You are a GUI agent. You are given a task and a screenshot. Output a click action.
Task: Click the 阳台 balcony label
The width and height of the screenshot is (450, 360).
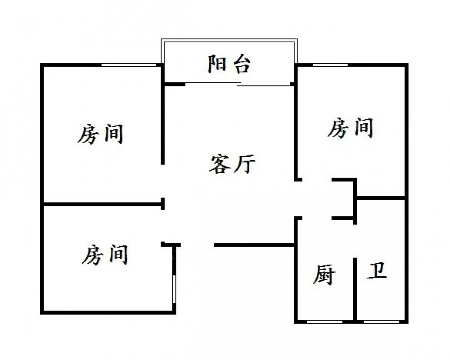tap(229, 64)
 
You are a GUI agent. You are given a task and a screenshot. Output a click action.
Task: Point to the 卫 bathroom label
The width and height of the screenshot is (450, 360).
tap(377, 271)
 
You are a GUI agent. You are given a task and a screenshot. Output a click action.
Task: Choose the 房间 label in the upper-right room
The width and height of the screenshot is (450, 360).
tap(350, 128)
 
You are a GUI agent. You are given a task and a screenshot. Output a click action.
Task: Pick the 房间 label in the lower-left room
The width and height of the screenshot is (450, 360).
tap(105, 254)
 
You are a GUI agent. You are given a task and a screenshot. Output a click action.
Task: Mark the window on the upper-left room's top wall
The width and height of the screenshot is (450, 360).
tap(128, 65)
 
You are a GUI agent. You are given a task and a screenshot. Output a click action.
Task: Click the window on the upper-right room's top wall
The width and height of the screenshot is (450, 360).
tap(330, 65)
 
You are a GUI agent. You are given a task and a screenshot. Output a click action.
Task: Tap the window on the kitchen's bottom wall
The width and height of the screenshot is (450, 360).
tap(324, 322)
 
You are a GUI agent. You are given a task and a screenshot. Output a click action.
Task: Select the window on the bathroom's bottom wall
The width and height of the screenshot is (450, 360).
tap(382, 322)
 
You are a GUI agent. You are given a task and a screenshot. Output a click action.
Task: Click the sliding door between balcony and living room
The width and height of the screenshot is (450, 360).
tap(238, 84)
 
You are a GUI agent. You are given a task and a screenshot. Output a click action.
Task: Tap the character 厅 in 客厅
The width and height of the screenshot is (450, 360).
tap(245, 164)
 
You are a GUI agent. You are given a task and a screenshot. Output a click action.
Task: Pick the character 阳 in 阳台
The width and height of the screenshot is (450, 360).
tap(217, 64)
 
